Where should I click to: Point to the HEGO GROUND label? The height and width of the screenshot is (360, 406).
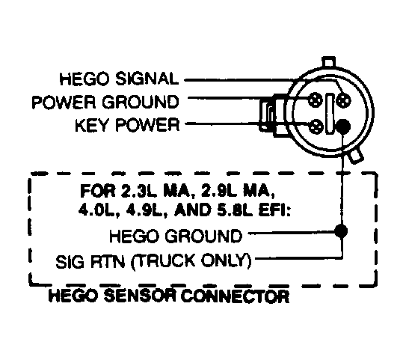pyautogui.click(x=175, y=237)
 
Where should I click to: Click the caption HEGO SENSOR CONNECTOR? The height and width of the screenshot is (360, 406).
pyautogui.click(x=168, y=297)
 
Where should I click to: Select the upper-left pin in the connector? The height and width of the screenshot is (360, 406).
pyautogui.click(x=319, y=98)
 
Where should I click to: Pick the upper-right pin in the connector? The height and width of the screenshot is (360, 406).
pyautogui.click(x=343, y=97)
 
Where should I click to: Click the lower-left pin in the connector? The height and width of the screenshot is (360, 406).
pyautogui.click(x=319, y=125)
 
